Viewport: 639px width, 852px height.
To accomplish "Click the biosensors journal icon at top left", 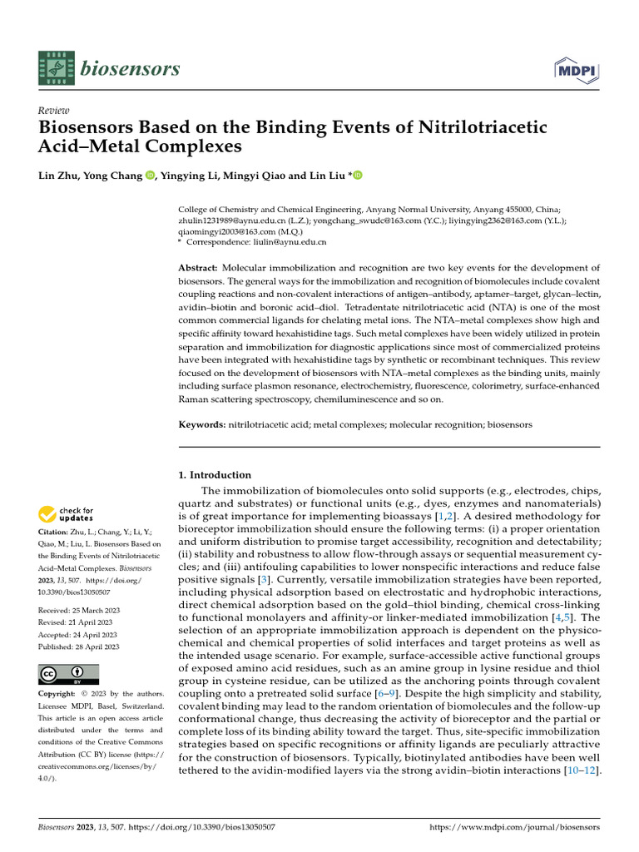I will pyautogui.click(x=55, y=67).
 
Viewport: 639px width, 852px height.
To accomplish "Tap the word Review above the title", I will pyautogui.click(x=54, y=111).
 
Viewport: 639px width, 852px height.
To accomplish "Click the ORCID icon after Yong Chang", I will pyautogui.click(x=150, y=176).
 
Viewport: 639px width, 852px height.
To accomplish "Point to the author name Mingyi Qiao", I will pyautogui.click(x=269, y=176).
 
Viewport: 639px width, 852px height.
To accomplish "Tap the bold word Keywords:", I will pyautogui.click(x=202, y=424).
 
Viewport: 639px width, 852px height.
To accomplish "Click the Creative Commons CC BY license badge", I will pyautogui.click(x=69, y=673).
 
